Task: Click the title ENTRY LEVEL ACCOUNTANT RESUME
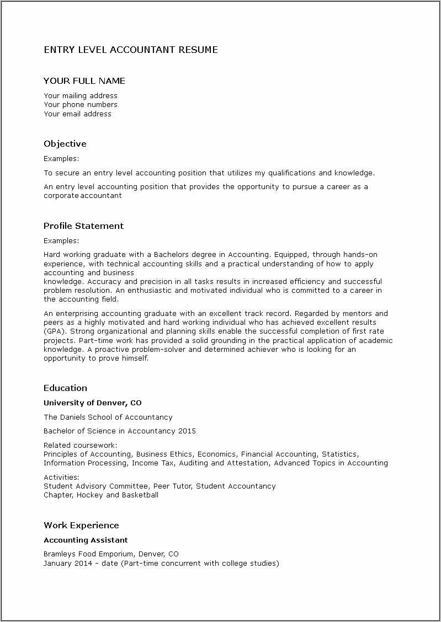click(x=131, y=50)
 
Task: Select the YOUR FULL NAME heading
click(x=84, y=81)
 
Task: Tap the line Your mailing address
click(x=81, y=96)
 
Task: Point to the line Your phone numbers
click(x=81, y=105)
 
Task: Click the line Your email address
click(x=77, y=114)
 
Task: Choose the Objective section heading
click(x=65, y=144)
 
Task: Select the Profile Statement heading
click(x=83, y=226)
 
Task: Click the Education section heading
click(x=65, y=388)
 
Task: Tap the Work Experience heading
click(x=81, y=526)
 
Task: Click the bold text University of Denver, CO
click(x=93, y=403)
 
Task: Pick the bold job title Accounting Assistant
click(x=86, y=540)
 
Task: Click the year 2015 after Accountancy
click(x=187, y=431)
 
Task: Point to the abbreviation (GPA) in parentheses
click(x=53, y=331)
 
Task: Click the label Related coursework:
click(x=81, y=445)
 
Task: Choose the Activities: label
click(x=61, y=477)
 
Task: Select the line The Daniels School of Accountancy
click(x=108, y=417)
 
